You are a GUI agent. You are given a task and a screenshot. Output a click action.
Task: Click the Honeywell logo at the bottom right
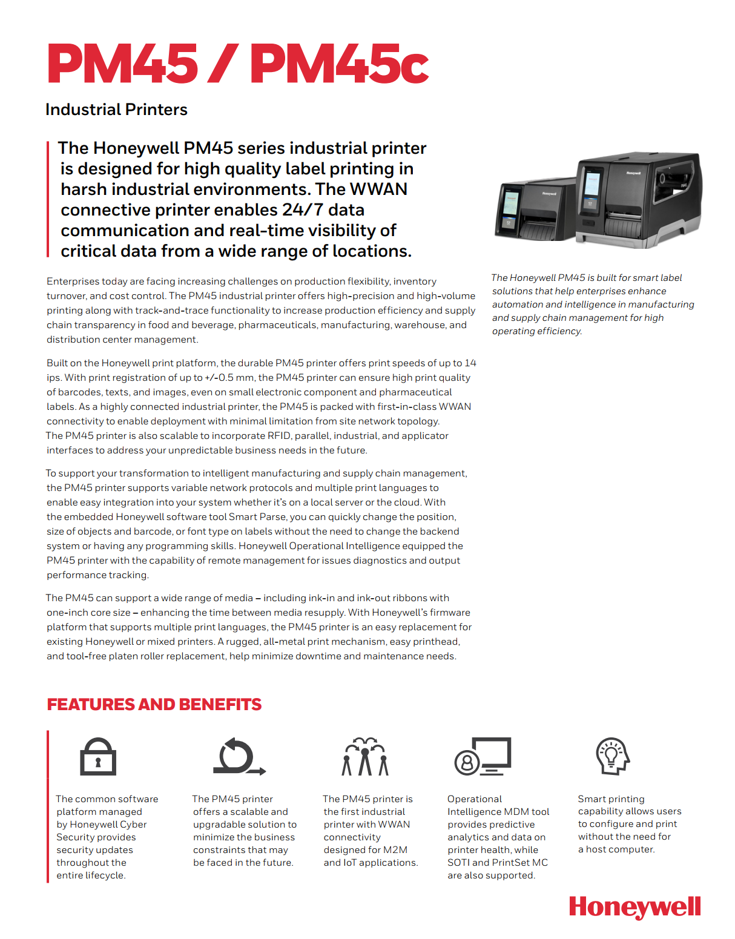[x=634, y=908]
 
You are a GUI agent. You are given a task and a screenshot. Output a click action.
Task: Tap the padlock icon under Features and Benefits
[x=98, y=757]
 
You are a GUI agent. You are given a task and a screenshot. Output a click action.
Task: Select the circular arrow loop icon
[x=239, y=757]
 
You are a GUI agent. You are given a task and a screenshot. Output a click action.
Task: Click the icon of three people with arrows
[x=365, y=757]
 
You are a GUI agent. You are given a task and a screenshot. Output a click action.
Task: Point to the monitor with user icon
[x=483, y=757]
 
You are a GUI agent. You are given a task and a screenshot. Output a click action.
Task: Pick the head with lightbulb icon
[x=612, y=756]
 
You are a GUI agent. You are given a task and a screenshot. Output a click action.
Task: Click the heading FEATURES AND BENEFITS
[x=154, y=705]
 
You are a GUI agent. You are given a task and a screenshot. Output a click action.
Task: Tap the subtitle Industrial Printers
[x=116, y=110]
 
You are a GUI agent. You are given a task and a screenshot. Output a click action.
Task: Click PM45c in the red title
[x=339, y=64]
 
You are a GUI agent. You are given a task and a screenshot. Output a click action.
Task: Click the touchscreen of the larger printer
[x=592, y=188]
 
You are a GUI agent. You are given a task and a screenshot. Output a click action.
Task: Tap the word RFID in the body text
[x=279, y=436]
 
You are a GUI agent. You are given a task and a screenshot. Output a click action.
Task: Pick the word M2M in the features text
[x=395, y=850]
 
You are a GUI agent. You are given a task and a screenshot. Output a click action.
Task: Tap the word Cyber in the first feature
[x=133, y=825]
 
